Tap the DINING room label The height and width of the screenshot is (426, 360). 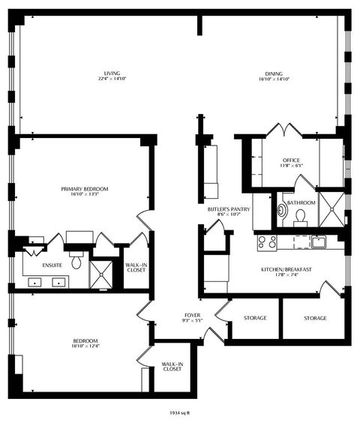(274, 73)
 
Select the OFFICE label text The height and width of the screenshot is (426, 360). (291, 160)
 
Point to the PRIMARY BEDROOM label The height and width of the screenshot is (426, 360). (85, 189)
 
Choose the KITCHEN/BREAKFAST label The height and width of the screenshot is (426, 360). (286, 268)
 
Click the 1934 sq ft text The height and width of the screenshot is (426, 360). (180, 411)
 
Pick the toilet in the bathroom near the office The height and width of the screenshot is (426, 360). (300, 216)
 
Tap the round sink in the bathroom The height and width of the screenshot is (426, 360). (282, 211)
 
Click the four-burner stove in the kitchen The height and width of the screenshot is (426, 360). (266, 242)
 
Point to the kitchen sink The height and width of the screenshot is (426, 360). (318, 241)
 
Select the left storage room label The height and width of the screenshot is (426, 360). (255, 318)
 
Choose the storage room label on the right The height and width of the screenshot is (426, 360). (315, 318)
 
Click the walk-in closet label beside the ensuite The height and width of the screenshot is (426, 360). (136, 267)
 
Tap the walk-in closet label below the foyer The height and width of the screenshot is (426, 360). (172, 367)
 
